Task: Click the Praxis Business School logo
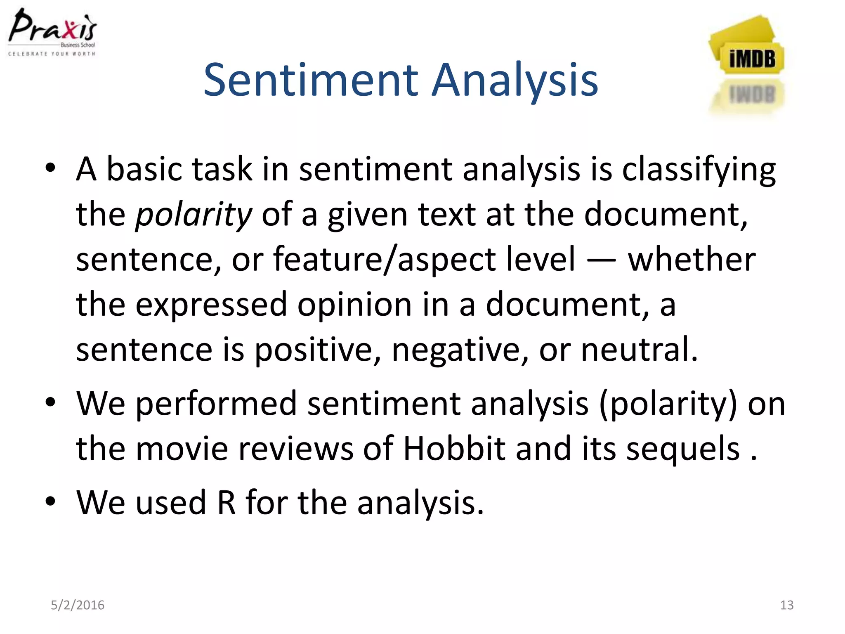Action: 52,32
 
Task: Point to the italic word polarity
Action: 193,215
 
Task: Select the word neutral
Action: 639,349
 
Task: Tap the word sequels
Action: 683,449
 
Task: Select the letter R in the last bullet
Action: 227,503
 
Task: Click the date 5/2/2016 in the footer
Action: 78,605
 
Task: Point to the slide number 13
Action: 786,605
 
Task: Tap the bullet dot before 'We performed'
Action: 50,402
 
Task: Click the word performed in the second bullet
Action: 216,404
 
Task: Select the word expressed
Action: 211,305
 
